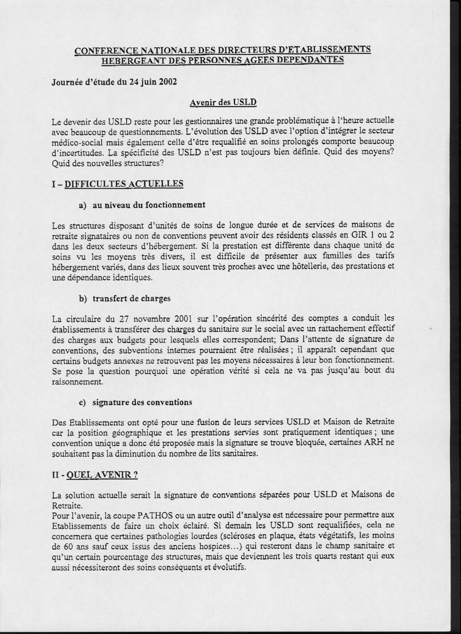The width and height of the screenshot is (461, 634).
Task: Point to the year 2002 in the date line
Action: (166, 82)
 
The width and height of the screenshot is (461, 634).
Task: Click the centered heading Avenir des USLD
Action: (223, 103)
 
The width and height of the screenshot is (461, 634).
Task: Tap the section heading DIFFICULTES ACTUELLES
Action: (124, 184)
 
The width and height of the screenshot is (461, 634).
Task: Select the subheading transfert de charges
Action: (131, 299)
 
